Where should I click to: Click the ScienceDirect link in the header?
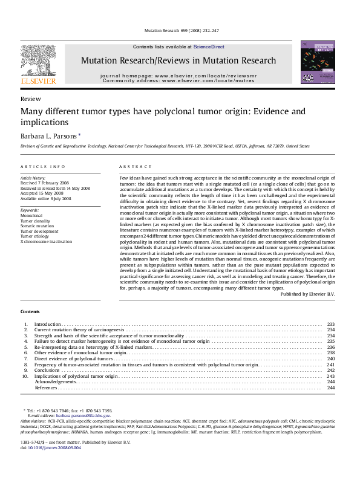pyautogui.click(x=209, y=47)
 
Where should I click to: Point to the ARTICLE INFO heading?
pyautogui.click(x=42, y=166)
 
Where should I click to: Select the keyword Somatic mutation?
pyautogui.click(x=38, y=225)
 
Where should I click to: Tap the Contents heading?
pyautogui.click(x=30, y=311)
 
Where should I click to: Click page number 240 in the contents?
pyautogui.click(x=330, y=359)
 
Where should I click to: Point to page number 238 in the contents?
pyautogui.click(x=330, y=353)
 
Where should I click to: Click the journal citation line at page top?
pyautogui.click(x=180, y=31)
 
